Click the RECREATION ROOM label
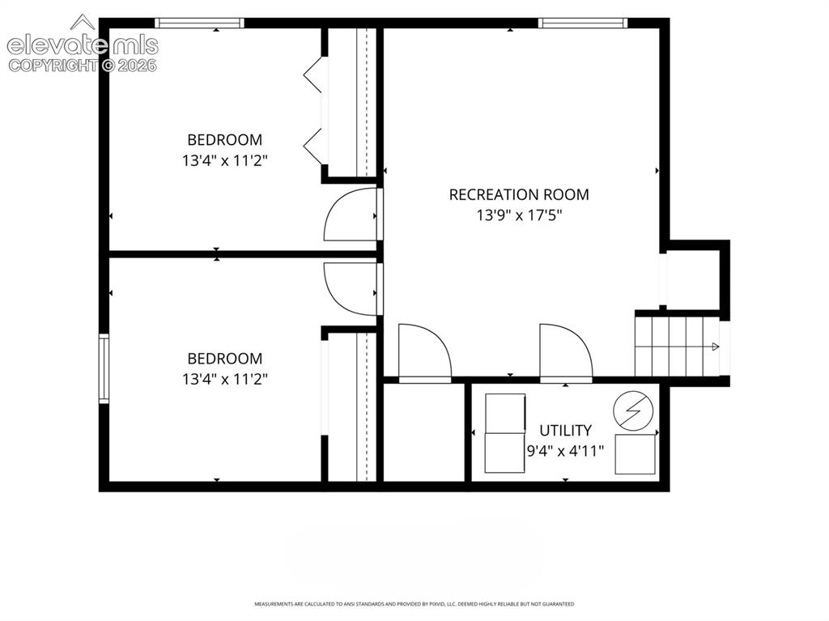coord(519,194)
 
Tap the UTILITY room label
coord(565,430)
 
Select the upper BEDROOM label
coord(225,139)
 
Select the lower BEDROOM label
coord(225,359)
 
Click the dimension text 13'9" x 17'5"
coord(519,215)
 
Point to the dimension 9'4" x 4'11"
coord(565,451)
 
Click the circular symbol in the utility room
coord(633,411)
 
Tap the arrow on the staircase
coord(716,347)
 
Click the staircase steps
coord(678,346)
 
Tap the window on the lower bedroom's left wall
coord(104,368)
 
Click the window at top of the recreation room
coord(583,23)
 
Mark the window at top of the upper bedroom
coord(199,23)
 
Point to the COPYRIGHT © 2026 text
coord(83,66)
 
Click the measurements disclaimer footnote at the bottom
coord(414,603)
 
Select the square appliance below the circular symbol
coord(636,454)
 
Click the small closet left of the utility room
coord(423,432)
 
